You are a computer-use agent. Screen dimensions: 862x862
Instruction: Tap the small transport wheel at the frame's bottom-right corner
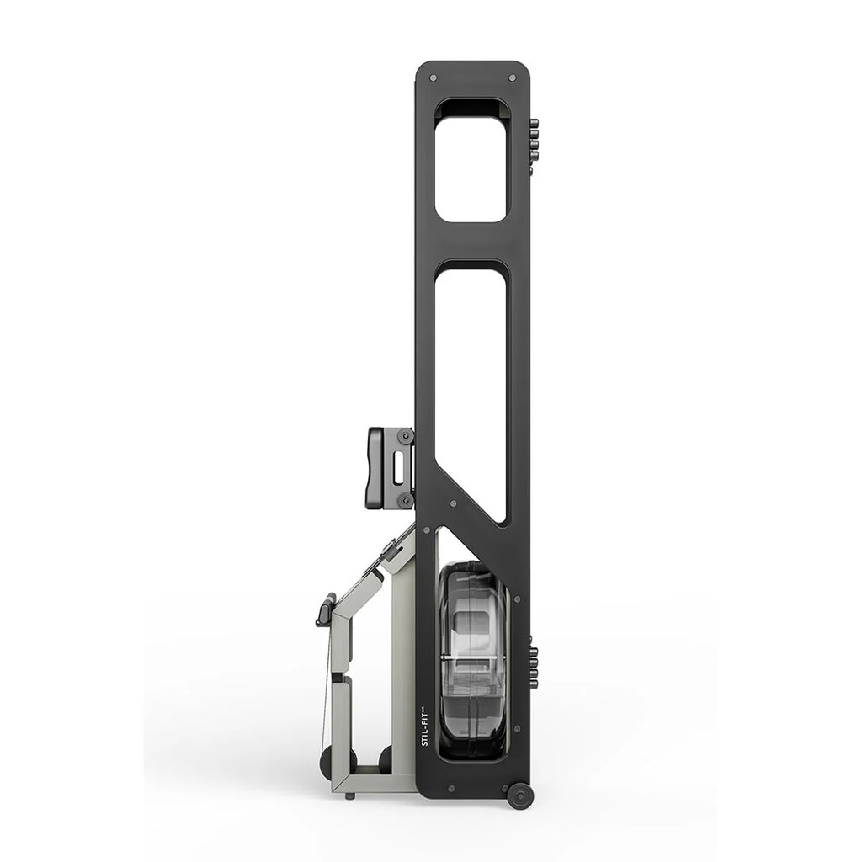click(519, 796)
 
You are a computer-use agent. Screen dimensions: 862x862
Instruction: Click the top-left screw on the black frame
click(434, 78)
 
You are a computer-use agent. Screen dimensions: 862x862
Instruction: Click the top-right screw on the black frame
click(513, 78)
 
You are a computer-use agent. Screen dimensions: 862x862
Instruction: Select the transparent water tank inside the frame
click(474, 660)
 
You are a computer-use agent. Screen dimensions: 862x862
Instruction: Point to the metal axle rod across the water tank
click(474, 657)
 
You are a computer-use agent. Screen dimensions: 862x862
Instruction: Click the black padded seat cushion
click(376, 467)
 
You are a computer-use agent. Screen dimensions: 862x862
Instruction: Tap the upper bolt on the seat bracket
click(406, 436)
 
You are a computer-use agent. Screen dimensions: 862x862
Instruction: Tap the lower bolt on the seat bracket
click(406, 499)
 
